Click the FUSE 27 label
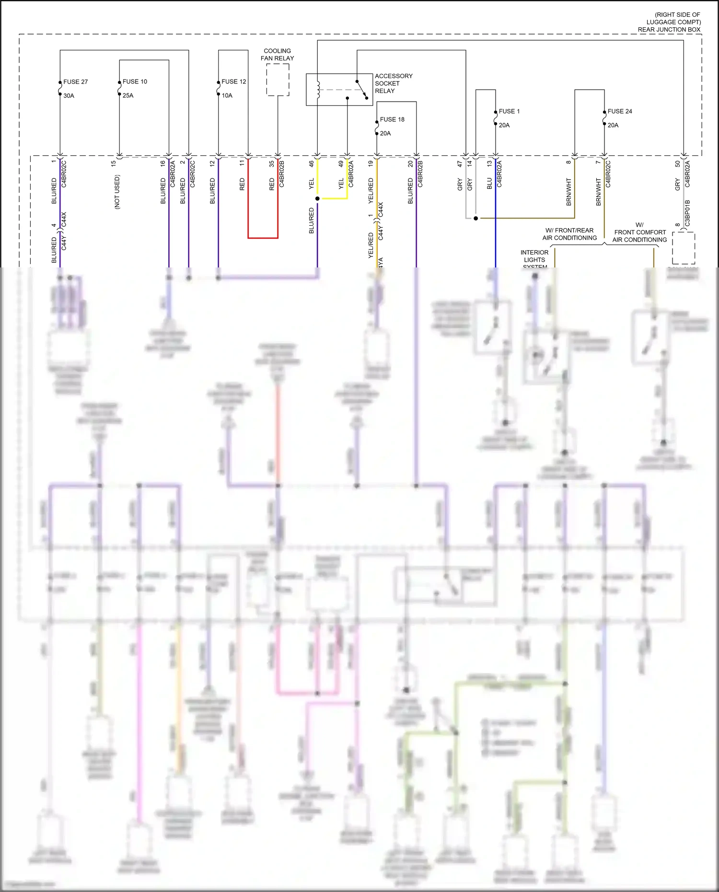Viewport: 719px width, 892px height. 75,82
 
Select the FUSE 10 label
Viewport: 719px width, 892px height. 135,81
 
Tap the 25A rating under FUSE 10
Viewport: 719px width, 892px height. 128,95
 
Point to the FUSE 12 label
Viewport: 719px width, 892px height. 233,81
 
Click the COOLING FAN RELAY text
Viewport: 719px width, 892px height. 277,55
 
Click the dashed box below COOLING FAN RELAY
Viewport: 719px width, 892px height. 278,80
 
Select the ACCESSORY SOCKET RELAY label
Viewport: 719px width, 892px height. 393,83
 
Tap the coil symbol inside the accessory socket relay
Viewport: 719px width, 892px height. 318,90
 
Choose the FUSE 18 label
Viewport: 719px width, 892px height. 392,119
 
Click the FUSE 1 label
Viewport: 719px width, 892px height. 509,111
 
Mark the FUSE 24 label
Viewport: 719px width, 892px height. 619,111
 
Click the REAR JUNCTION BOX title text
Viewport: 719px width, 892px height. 669,30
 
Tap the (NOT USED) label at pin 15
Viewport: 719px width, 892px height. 117,192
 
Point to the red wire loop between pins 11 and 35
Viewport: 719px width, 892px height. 263,237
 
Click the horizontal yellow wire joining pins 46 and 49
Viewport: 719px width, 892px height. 333,198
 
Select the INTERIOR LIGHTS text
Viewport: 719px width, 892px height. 534,256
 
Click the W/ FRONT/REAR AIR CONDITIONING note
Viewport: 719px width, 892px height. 569,234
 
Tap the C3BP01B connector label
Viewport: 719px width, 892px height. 687,213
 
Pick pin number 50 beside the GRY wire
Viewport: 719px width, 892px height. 677,163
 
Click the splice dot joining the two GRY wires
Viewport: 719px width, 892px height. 475,218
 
